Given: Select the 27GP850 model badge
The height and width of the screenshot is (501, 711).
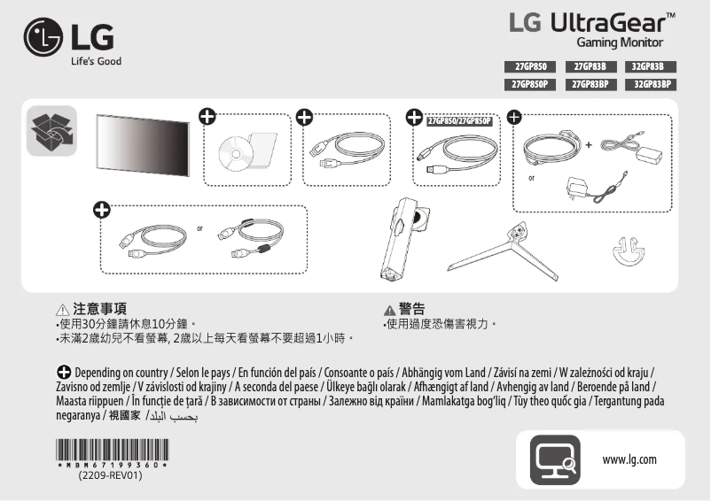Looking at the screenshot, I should [x=529, y=67].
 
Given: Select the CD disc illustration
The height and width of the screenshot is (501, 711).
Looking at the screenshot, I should [x=236, y=153].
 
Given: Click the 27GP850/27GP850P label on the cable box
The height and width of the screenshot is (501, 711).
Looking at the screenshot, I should [x=458, y=121].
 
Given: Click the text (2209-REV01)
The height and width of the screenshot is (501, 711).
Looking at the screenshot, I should [x=110, y=475].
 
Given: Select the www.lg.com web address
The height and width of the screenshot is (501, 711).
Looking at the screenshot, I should [x=629, y=459].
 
